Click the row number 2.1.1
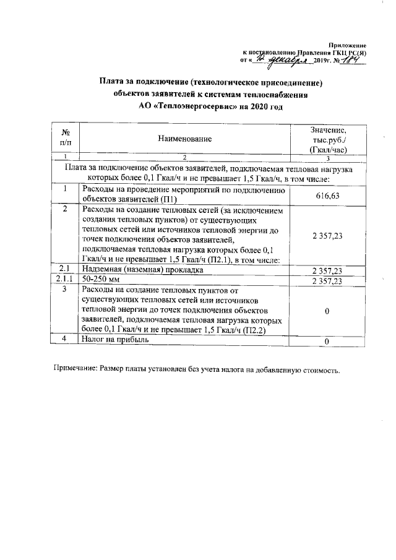point(65,280)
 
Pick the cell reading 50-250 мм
point(101,280)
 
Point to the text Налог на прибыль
point(115,339)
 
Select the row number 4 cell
point(65,339)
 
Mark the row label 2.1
point(65,270)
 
